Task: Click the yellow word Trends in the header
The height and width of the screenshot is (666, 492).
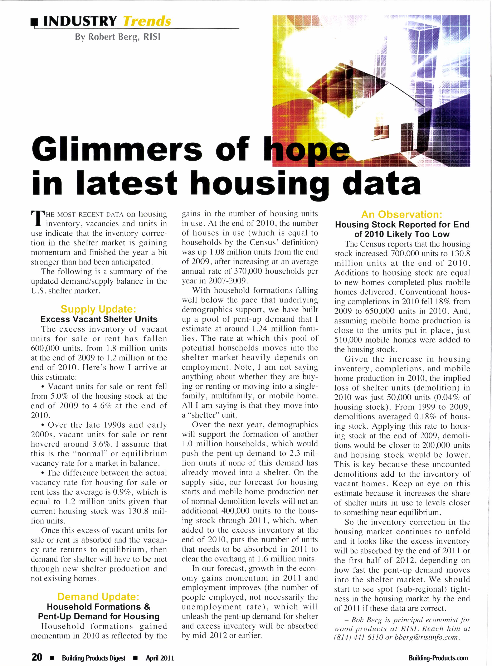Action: pyautogui.click(x=147, y=21)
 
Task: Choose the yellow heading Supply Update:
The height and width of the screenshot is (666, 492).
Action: pyautogui.click(x=99, y=309)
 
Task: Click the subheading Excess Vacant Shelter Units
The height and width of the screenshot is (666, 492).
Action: pyautogui.click(x=99, y=319)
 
